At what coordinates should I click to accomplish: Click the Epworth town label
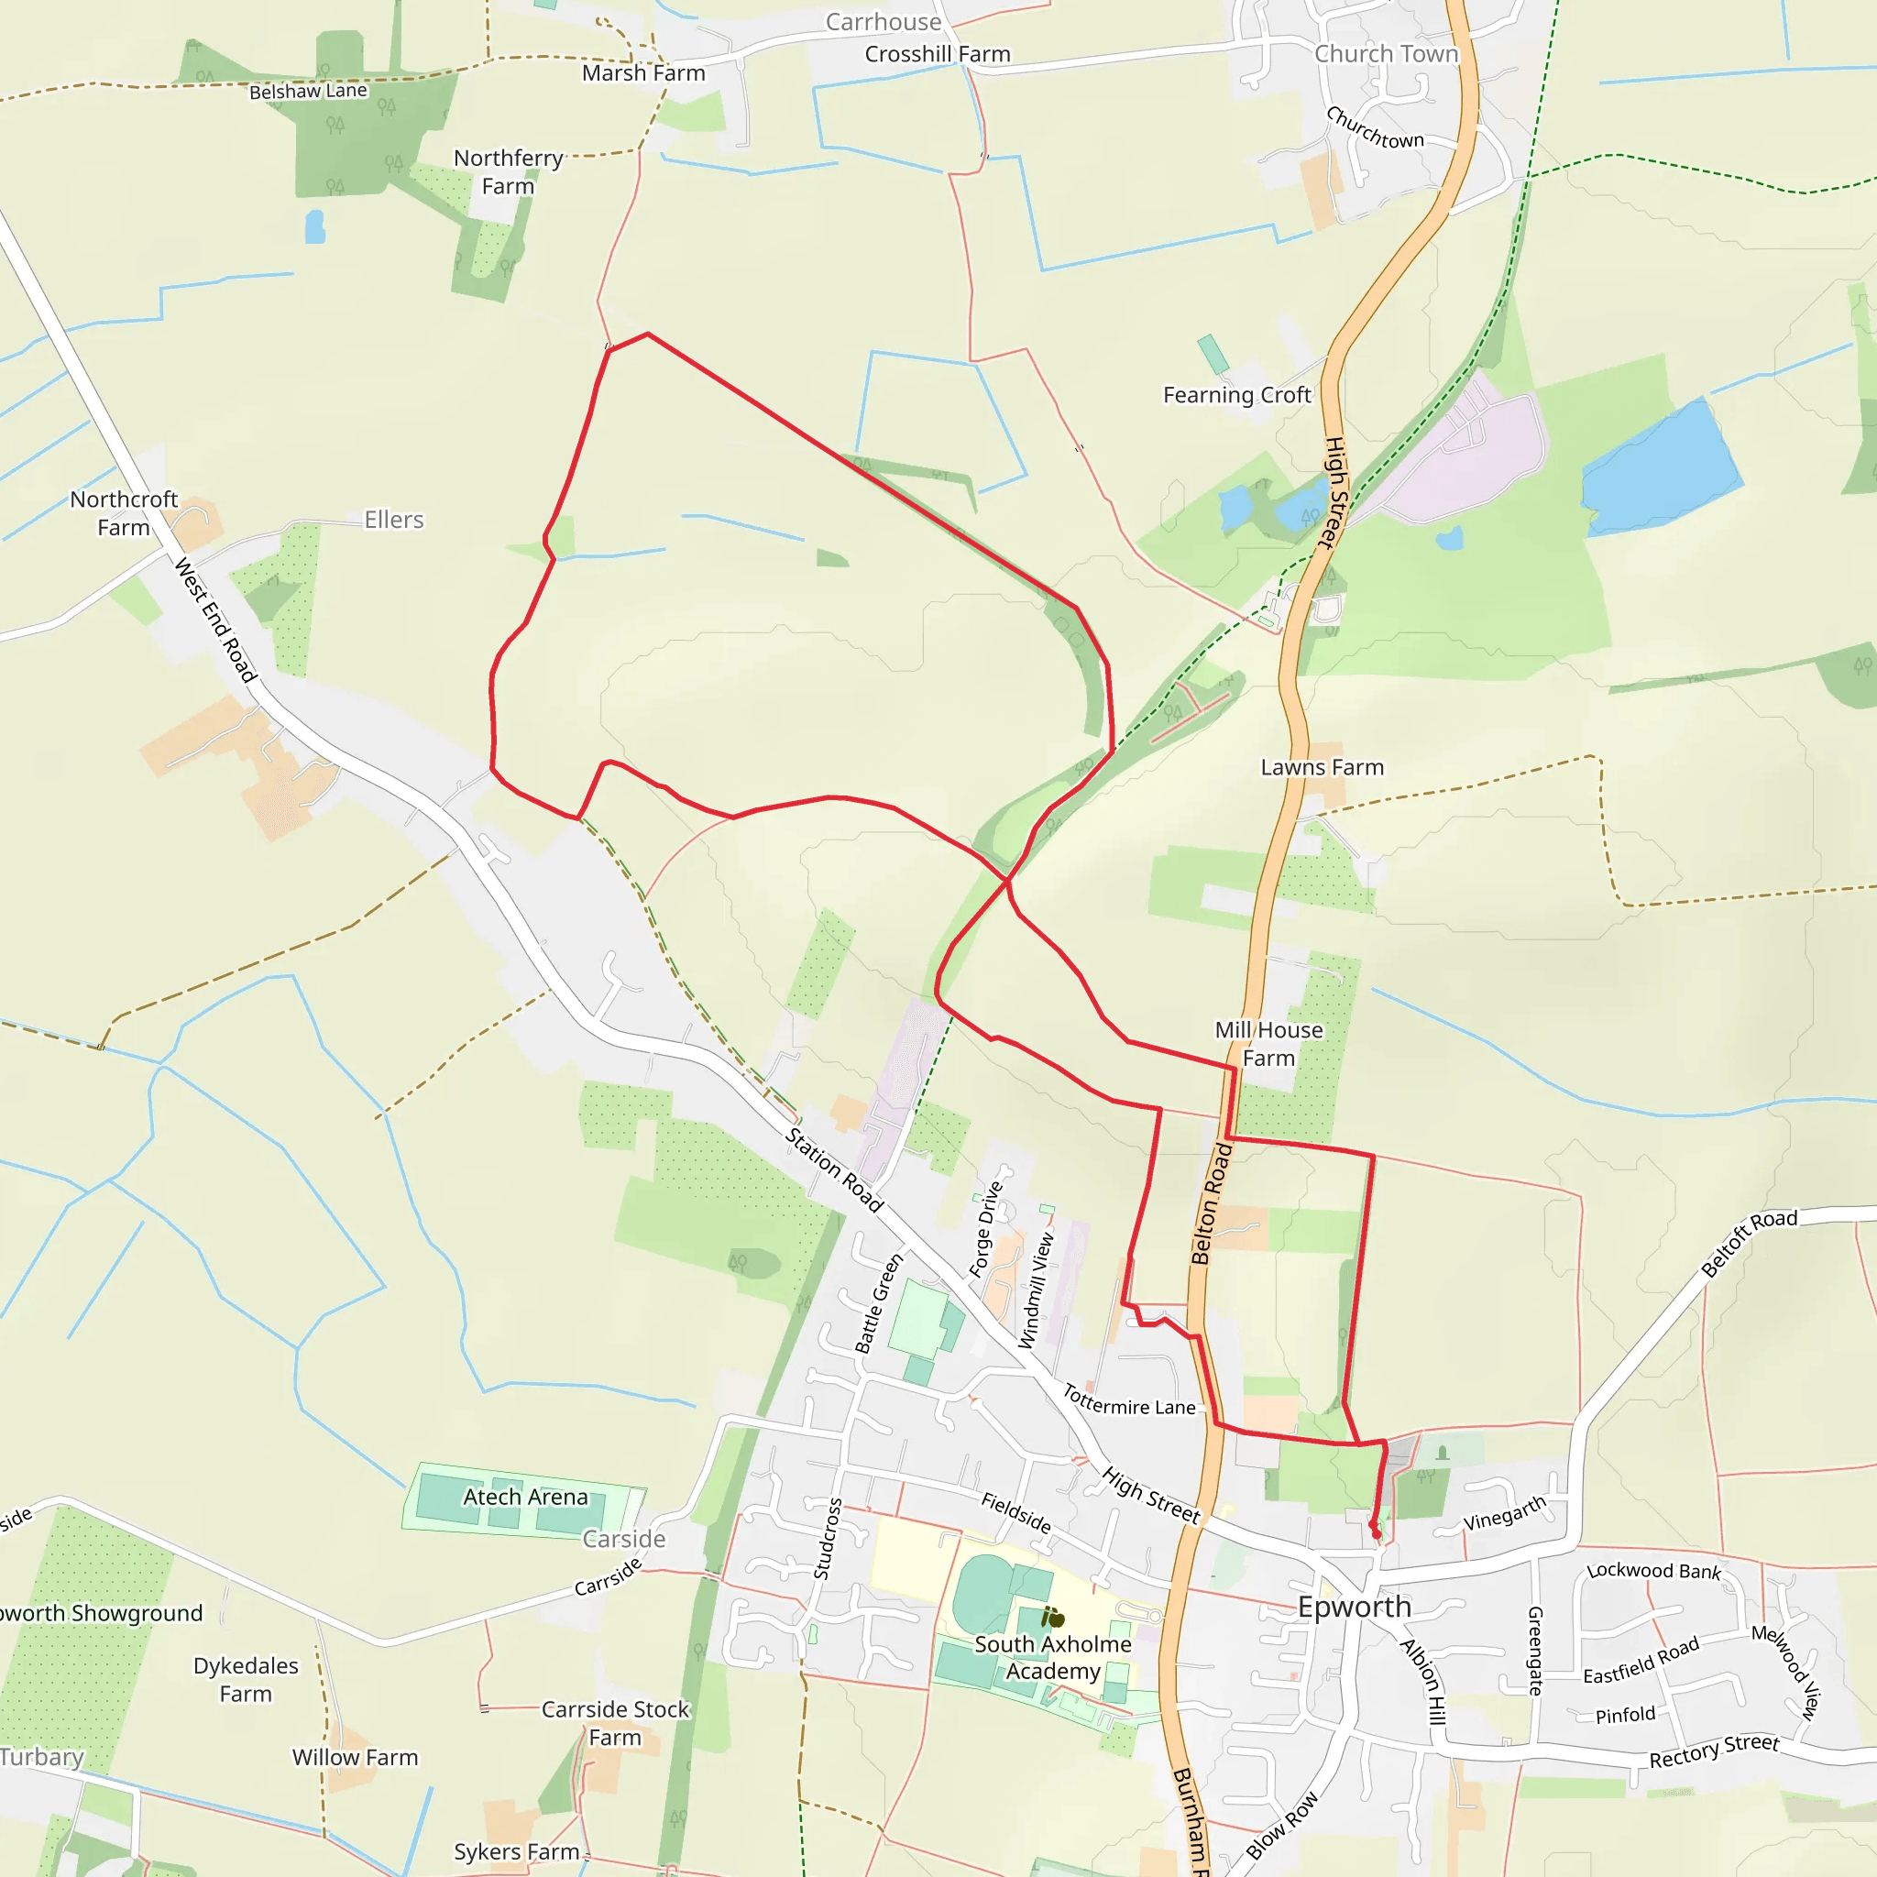coord(1355,1607)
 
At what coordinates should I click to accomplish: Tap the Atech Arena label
coord(525,1498)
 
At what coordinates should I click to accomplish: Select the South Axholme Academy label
coord(1053,1657)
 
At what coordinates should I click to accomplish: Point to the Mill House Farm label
coord(1268,1043)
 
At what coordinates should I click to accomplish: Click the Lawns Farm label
coord(1322,767)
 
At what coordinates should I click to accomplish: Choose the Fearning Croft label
coord(1236,395)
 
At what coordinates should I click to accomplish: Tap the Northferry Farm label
coord(508,172)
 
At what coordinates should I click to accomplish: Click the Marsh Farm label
coord(643,74)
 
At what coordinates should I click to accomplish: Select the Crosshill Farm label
coord(938,54)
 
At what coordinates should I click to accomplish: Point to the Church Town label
coord(1387,54)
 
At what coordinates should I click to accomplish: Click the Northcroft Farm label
coord(124,513)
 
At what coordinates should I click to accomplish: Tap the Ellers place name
coord(393,520)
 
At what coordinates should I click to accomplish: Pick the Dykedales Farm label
coord(246,1680)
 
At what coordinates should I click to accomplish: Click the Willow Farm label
coord(355,1758)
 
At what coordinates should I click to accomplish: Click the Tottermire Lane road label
coord(1129,1401)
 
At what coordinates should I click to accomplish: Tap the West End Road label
coord(214,620)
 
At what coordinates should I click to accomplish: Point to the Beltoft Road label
coord(1749,1244)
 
